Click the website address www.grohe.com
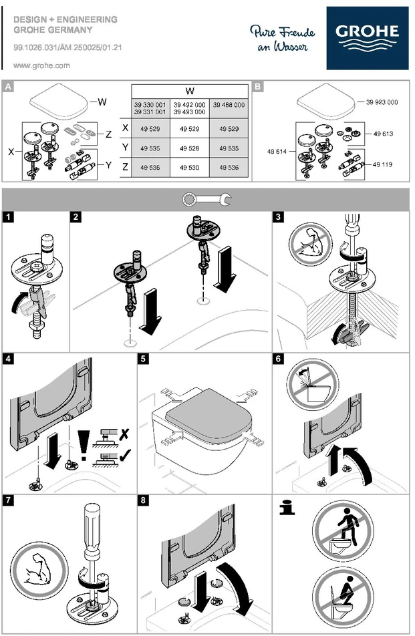tap(41, 65)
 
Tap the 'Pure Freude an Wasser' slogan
tap(282, 39)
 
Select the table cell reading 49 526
tap(189, 148)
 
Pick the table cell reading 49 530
tap(189, 167)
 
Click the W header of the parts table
tap(189, 91)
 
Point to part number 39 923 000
tap(382, 102)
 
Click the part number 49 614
tap(277, 152)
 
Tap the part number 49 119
tap(382, 164)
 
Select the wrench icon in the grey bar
tap(207, 199)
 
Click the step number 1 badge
tap(8, 216)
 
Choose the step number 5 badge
tap(143, 359)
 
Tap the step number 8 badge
tap(143, 500)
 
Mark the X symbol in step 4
tap(124, 434)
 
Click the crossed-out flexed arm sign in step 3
tap(311, 245)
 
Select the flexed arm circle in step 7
tap(39, 571)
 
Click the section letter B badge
tap(257, 86)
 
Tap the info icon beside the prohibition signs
tap(287, 508)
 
